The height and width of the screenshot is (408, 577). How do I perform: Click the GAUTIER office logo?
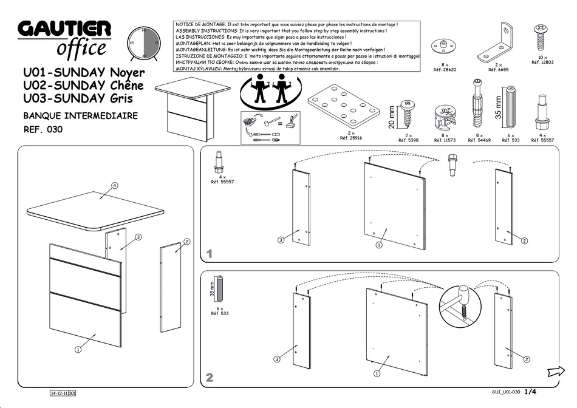(x=64, y=38)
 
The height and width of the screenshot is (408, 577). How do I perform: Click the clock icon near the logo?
(x=144, y=42)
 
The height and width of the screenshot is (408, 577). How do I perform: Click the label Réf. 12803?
(x=542, y=63)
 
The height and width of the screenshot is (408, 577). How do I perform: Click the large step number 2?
(x=210, y=378)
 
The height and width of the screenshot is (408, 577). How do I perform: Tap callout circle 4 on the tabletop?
(x=114, y=185)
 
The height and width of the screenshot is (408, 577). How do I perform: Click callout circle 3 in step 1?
(x=281, y=240)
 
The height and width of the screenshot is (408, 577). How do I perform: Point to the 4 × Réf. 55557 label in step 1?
(x=222, y=180)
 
